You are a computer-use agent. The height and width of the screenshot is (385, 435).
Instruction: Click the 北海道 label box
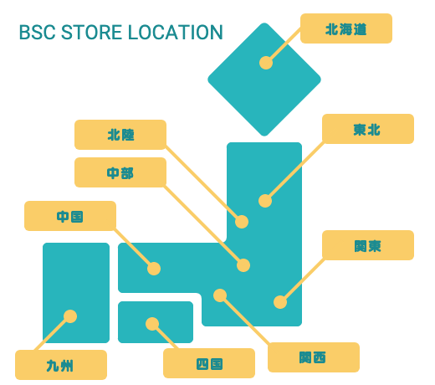pos(346,28)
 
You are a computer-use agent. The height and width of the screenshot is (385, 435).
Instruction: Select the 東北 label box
pos(368,129)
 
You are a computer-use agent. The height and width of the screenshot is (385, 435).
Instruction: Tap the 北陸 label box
pos(120,135)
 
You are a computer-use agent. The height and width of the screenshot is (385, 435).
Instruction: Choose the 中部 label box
pos(120,172)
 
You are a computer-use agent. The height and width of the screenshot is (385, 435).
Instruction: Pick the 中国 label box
pos(70,216)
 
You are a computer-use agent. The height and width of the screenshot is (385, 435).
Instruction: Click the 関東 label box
pos(368,245)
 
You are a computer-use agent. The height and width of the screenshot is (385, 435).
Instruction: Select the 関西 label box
pos(314,357)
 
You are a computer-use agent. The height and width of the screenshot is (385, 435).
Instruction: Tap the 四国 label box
pos(209,363)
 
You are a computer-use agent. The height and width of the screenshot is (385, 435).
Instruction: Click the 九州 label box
pos(61,365)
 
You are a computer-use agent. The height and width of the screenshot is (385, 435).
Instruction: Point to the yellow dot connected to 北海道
pos(266,63)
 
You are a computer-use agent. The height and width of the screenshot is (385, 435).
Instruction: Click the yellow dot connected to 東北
pos(265,201)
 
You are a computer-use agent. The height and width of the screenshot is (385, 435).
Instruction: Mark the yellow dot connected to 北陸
pos(242,222)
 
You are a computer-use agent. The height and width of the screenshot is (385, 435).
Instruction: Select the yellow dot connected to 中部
pos(243,265)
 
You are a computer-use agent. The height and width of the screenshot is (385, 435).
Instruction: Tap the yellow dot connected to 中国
pos(154,269)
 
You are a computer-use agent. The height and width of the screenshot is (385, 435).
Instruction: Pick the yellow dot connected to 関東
pos(280,302)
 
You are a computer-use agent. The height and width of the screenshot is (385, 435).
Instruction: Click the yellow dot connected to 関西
pos(220,295)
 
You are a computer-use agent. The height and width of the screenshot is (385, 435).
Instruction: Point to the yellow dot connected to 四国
pos(152,324)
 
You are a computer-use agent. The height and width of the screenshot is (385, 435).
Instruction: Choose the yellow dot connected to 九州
pos(70,316)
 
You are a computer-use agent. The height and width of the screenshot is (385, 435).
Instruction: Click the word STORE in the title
pos(91,33)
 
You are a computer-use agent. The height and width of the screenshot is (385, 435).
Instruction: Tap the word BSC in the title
pos(38,33)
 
